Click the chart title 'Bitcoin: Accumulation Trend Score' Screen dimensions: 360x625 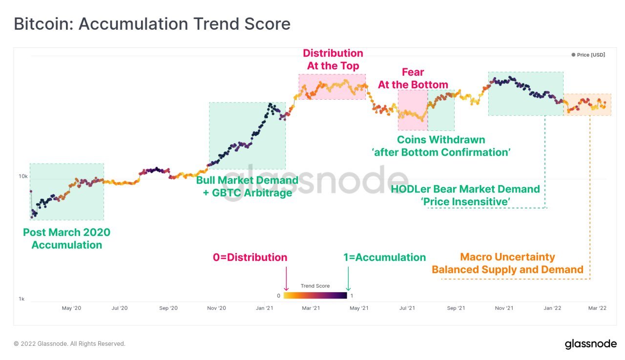tap(152, 24)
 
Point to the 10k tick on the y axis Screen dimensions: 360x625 tap(23, 176)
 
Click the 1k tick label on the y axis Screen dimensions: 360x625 tap(21, 299)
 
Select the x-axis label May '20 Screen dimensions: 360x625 tap(71, 308)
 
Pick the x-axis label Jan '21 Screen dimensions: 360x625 tap(264, 308)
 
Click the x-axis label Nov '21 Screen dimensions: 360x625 tap(503, 308)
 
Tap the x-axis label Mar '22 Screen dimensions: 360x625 tap(597, 308)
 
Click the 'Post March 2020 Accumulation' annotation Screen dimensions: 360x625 tap(67, 239)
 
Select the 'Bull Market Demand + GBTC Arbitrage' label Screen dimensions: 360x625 tap(247, 187)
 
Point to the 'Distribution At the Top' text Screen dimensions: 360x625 tap(333, 60)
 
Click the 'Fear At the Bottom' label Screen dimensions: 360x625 tap(413, 79)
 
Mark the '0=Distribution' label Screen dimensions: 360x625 tap(250, 257)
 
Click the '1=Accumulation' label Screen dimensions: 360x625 tap(384, 257)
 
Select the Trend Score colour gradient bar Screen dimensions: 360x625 tap(315, 296)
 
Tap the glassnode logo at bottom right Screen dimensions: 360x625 tap(590, 344)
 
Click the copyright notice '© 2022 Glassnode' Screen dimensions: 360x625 tap(69, 344)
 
